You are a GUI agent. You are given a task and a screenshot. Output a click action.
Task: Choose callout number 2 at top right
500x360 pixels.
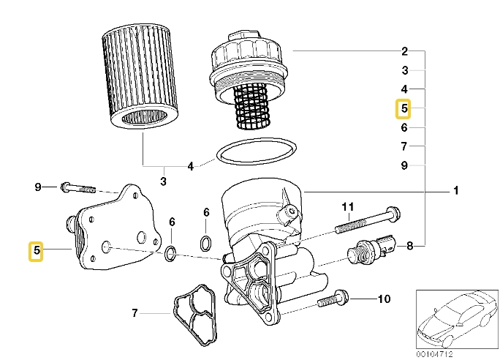click(x=404, y=51)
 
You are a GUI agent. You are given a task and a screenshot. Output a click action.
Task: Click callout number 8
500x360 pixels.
click(x=409, y=246)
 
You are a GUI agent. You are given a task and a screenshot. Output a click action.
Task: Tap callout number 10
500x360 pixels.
click(x=384, y=299)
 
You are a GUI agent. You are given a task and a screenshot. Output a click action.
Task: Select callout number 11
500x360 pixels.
click(x=348, y=206)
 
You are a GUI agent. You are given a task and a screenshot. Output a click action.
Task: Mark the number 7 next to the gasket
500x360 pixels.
click(x=135, y=314)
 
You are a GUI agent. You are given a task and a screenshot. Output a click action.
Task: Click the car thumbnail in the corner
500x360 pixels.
click(x=454, y=319)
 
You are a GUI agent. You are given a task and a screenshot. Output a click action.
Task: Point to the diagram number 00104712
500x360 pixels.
click(x=434, y=353)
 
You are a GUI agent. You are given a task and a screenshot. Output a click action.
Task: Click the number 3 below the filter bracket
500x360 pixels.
click(x=163, y=181)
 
